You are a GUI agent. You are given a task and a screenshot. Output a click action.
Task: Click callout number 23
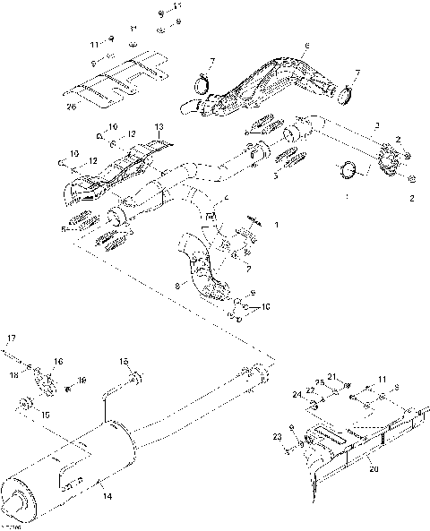coord(279,437)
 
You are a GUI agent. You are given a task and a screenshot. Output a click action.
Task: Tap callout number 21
coord(331,375)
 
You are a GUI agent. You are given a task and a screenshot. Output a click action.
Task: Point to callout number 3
coord(378,126)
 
